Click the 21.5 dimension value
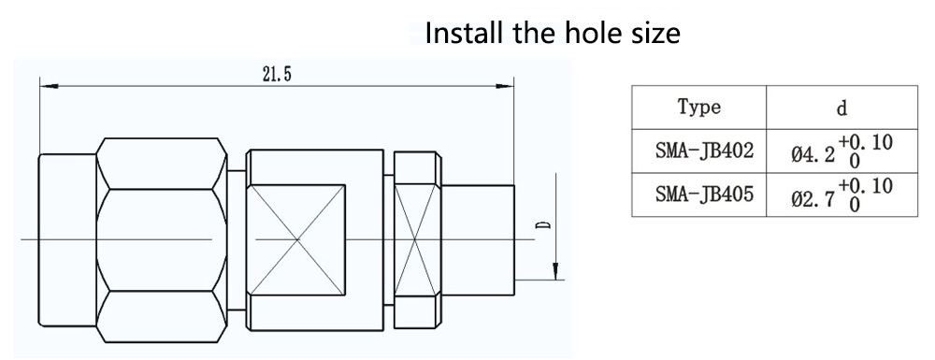(x=276, y=74)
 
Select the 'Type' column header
(x=698, y=108)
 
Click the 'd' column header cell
(x=841, y=108)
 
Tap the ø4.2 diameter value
(x=813, y=154)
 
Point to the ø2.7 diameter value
(x=813, y=198)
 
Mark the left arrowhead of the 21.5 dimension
(x=49, y=87)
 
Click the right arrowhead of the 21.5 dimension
(x=505, y=87)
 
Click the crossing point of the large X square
(x=297, y=240)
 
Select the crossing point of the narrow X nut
(x=418, y=240)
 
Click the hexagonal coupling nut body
(x=161, y=240)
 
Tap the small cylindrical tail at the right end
(x=478, y=240)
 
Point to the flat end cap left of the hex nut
(x=67, y=240)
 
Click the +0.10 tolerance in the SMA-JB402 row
(x=866, y=142)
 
